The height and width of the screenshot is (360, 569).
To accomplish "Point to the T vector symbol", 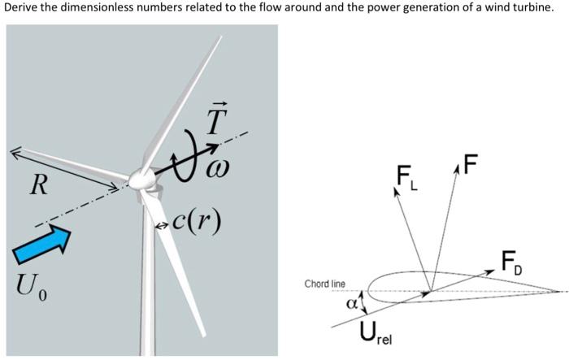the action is pos(214,122).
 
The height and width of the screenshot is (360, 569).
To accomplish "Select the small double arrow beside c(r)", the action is pos(162,223).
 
